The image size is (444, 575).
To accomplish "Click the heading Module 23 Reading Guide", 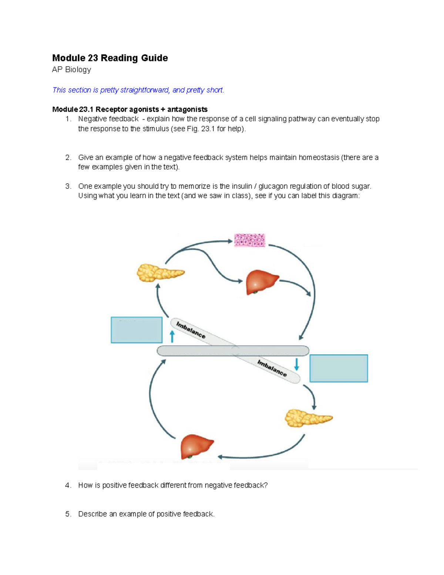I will (110, 58).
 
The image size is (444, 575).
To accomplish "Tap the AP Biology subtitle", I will (71, 70).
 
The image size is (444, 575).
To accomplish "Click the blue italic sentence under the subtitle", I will (138, 90).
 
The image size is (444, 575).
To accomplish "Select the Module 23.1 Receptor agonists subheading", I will (129, 109).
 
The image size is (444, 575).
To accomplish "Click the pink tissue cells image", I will (250, 240).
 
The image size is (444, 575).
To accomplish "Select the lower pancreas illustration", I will (308, 418).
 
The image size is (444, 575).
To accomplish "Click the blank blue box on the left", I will (137, 330).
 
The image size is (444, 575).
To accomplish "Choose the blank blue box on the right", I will (339, 368).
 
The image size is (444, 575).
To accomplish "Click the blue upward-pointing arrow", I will (172, 336).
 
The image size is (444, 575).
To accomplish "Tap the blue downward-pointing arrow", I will (296, 364).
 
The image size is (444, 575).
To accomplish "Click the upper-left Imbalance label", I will (191, 330).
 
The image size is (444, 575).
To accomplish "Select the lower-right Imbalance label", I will (272, 368).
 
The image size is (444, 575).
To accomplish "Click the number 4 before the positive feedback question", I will (67, 485).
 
